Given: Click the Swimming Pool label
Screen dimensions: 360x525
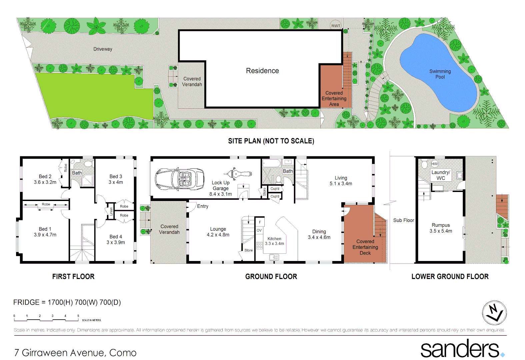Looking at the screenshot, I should [440, 74].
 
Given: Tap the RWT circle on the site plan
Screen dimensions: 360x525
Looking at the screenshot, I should [336, 26].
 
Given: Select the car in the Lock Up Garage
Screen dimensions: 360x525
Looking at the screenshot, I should [179, 179].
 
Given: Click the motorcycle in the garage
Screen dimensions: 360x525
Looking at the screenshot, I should [238, 174].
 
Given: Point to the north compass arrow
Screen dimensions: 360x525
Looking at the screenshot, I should [494, 313].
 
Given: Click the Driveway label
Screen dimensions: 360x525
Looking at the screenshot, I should [103, 49].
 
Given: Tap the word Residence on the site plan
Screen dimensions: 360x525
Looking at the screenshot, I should [262, 71].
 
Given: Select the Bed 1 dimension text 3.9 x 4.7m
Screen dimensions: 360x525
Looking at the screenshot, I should [45, 235].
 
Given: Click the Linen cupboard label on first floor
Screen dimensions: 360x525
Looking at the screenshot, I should [111, 211].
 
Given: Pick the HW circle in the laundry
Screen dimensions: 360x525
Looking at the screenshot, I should [435, 164].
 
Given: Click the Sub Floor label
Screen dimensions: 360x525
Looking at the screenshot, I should [404, 220].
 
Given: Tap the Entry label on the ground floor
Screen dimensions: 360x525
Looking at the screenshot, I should [203, 206].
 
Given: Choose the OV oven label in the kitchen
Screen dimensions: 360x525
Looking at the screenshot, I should [259, 230].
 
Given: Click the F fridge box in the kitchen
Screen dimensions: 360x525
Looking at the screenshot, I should [260, 222].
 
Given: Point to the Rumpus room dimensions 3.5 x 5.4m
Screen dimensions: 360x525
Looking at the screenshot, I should [441, 231].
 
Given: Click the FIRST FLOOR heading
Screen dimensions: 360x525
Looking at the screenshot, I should [73, 276].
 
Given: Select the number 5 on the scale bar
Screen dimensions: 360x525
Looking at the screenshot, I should [78, 316].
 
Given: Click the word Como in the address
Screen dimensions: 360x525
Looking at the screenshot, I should [123, 353].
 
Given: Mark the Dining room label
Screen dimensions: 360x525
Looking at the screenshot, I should [319, 232].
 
